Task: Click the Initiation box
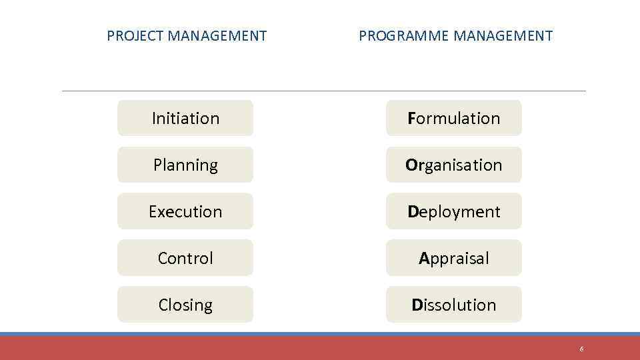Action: click(x=185, y=118)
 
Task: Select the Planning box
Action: click(x=185, y=165)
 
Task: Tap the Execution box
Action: click(x=185, y=211)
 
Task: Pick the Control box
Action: click(x=185, y=258)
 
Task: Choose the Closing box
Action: click(x=185, y=305)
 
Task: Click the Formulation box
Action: click(x=454, y=118)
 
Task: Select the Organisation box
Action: click(x=454, y=165)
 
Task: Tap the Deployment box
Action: click(x=454, y=211)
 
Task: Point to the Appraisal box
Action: click(x=454, y=258)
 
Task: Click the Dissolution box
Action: click(x=454, y=305)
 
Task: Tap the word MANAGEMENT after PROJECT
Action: click(x=217, y=36)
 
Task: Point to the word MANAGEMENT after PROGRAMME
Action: click(x=503, y=36)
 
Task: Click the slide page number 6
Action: click(x=581, y=349)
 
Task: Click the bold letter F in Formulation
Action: click(x=411, y=119)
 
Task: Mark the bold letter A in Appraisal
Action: click(x=423, y=259)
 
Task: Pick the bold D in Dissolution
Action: click(x=417, y=305)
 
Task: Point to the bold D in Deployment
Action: click(x=413, y=212)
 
